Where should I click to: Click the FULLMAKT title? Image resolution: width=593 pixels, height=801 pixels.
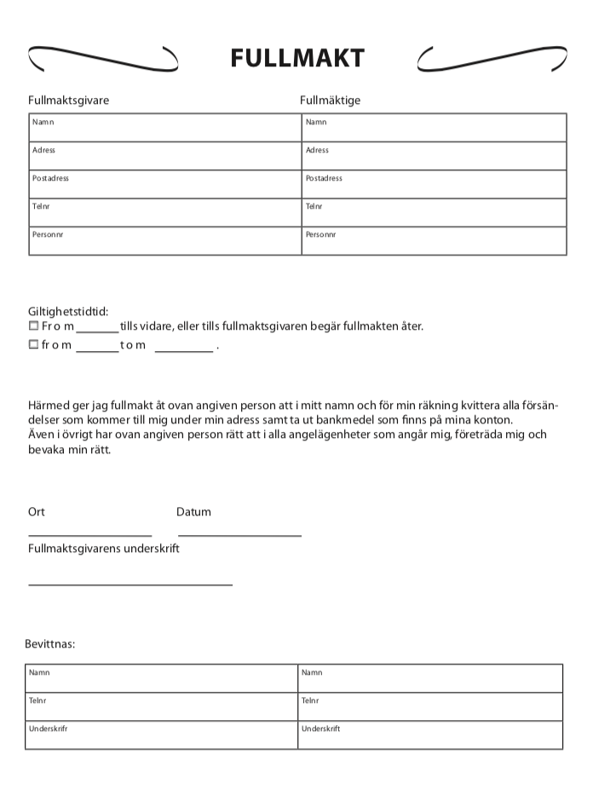tap(296, 58)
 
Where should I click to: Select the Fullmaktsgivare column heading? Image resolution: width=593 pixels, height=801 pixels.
tap(68, 101)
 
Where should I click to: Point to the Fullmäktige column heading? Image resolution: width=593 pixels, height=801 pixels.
tap(330, 101)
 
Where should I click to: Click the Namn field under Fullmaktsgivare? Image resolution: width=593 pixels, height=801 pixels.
tap(164, 128)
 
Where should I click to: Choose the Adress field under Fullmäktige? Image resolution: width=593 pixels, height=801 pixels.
tap(434, 156)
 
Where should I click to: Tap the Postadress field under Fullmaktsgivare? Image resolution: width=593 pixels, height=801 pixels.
tap(164, 184)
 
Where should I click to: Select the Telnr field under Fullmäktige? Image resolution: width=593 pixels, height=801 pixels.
tap(434, 212)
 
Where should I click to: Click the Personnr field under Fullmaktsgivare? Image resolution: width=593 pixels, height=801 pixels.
tap(164, 240)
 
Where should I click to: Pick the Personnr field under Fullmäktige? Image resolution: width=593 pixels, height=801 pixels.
tap(434, 240)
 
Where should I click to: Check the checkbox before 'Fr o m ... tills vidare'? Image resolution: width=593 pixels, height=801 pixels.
tap(34, 326)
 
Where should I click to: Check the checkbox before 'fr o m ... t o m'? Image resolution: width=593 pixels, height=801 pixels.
tap(34, 345)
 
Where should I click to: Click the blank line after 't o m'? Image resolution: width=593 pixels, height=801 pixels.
tap(183, 350)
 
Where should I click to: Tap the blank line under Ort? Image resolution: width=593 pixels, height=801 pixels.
tap(89, 535)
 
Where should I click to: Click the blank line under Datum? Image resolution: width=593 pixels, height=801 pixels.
tap(239, 535)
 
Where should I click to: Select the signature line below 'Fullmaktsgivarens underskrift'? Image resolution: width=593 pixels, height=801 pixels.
tap(130, 585)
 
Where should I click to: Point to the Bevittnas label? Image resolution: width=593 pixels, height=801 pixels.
tap(50, 643)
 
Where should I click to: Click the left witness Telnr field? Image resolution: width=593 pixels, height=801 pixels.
tap(161, 706)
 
